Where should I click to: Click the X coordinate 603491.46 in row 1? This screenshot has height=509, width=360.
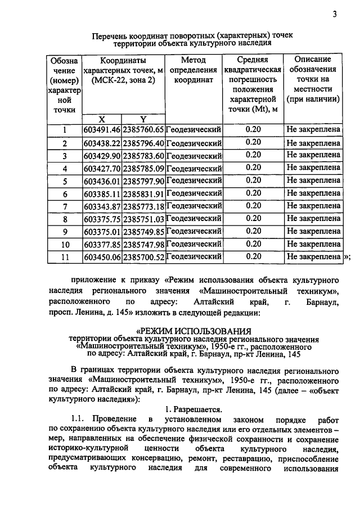pyautogui.click(x=102, y=130)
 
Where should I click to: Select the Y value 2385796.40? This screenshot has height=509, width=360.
pyautogui.click(x=143, y=143)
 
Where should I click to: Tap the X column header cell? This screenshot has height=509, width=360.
pyautogui.click(x=102, y=119)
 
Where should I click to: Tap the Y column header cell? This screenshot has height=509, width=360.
pyautogui.click(x=143, y=119)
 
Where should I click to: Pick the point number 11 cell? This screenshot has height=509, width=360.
pyautogui.click(x=65, y=257)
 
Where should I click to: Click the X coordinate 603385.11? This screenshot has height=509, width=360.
pyautogui.click(x=102, y=193)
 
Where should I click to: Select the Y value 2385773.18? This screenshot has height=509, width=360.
pyautogui.click(x=143, y=206)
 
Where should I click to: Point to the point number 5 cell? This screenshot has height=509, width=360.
pyautogui.click(x=65, y=181)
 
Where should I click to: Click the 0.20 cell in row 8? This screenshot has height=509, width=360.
pyautogui.click(x=253, y=219)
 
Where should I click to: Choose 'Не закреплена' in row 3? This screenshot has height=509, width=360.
pyautogui.click(x=313, y=155)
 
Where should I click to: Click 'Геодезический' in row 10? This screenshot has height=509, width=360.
pyautogui.click(x=194, y=244)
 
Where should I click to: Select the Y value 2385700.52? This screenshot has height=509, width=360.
pyautogui.click(x=143, y=257)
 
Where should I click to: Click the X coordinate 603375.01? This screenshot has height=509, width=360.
pyautogui.click(x=102, y=232)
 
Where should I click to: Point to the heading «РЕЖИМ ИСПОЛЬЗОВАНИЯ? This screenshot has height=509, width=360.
pyautogui.click(x=193, y=331)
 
